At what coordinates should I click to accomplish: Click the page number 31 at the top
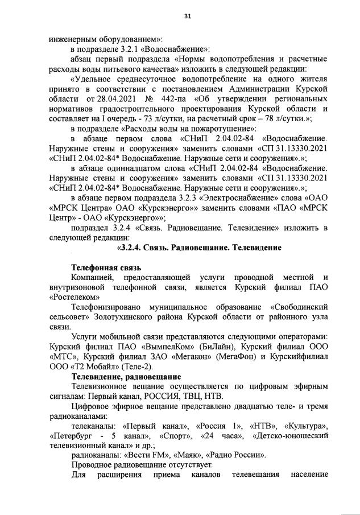[x=187, y=16]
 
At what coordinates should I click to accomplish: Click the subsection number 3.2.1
[x=135, y=49]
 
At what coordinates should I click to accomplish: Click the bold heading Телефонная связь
[x=106, y=267]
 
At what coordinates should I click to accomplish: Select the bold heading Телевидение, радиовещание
[x=126, y=377]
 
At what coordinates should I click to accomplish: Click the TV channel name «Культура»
[x=305, y=426]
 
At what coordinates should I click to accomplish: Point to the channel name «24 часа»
[x=220, y=435]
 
